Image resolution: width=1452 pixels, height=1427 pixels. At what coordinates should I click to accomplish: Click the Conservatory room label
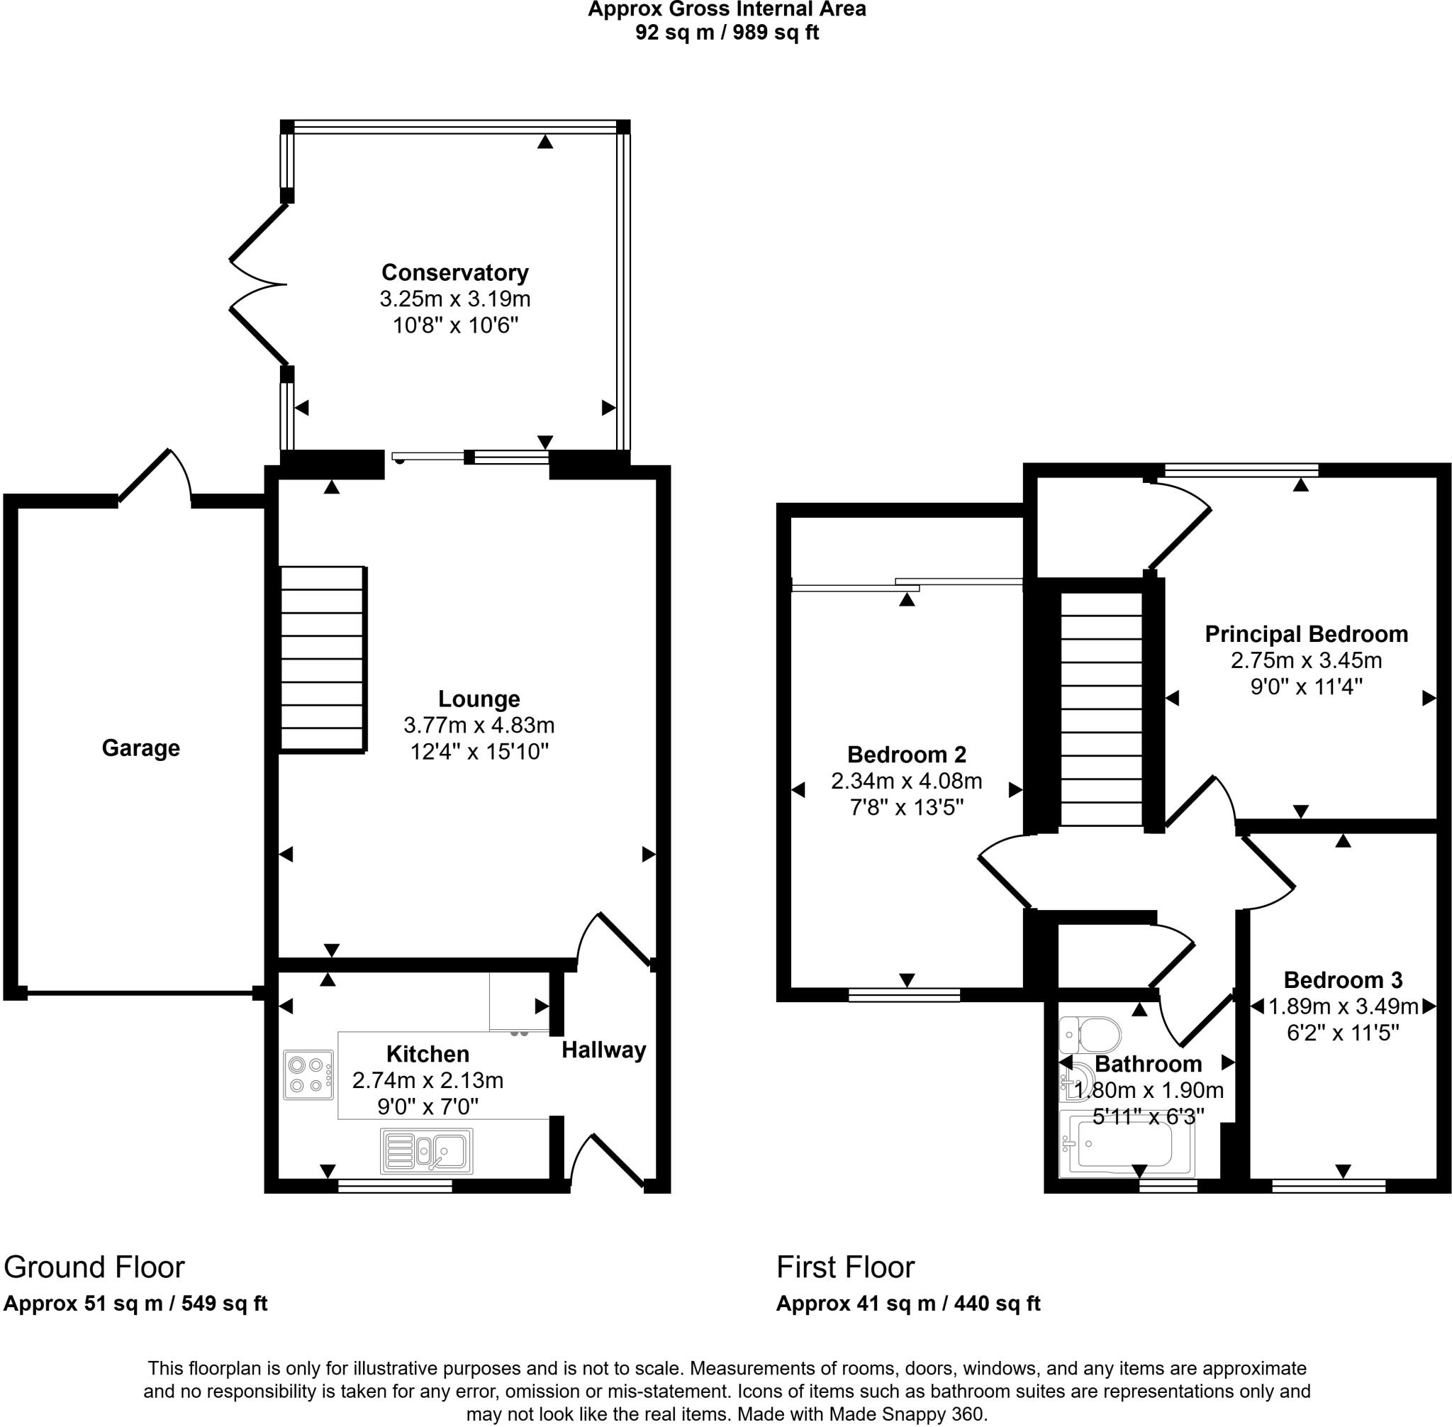click(454, 272)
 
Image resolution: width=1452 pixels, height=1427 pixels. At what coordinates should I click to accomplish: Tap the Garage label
click(141, 748)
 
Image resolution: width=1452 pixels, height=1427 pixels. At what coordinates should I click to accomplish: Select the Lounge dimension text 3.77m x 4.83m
click(479, 725)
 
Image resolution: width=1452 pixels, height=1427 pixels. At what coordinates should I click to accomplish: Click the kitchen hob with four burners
click(308, 1075)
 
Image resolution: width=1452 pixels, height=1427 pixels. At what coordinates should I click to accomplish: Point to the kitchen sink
click(426, 1150)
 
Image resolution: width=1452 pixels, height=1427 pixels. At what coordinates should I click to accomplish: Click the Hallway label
click(604, 1050)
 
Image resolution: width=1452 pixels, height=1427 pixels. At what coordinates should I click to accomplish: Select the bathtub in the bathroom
click(1127, 1144)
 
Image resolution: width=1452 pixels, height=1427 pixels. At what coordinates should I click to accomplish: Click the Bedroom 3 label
click(1344, 979)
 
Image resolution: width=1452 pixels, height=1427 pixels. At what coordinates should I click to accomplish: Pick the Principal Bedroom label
click(1306, 634)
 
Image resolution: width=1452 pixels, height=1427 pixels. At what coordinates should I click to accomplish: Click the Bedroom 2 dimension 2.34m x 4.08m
click(907, 781)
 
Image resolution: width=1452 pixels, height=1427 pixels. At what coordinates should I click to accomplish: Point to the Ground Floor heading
click(94, 1267)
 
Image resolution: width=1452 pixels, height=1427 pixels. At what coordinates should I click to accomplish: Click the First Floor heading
click(845, 1267)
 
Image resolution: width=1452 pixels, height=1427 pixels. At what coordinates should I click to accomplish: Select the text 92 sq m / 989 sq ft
click(727, 33)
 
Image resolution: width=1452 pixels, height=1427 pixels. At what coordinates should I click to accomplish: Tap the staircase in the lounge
click(324, 658)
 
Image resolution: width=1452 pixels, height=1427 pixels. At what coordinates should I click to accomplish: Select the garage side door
click(156, 476)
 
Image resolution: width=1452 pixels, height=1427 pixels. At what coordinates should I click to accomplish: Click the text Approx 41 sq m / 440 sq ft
click(908, 1304)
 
